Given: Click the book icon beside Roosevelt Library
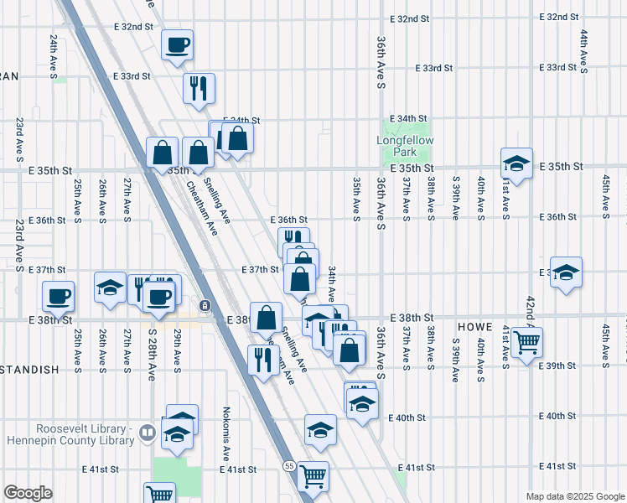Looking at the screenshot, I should click(x=148, y=433).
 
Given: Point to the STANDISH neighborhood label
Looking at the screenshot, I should click(x=29, y=369).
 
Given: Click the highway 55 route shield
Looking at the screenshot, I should click(x=289, y=467).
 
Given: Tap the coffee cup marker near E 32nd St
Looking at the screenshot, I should click(x=177, y=44).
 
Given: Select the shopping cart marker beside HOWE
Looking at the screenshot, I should click(x=526, y=340).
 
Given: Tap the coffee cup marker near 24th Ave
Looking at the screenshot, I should click(x=58, y=295).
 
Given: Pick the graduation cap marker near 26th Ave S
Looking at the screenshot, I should click(x=110, y=287).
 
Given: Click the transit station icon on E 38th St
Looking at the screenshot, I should click(x=205, y=303).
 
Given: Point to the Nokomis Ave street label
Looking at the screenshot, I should click(x=226, y=433).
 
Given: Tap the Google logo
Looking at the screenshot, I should click(x=28, y=493).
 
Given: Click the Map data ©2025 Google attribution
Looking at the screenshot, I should click(x=574, y=496).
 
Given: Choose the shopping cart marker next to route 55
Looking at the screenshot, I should click(x=313, y=475).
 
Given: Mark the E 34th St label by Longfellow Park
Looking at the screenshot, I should click(x=411, y=118).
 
